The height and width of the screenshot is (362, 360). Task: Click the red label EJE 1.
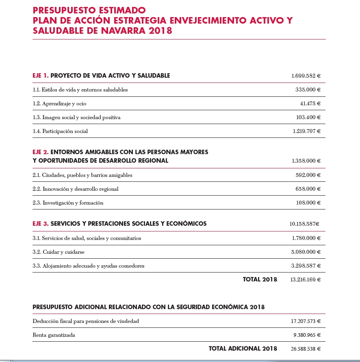coord(41,76)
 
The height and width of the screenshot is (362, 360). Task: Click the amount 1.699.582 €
coord(306,76)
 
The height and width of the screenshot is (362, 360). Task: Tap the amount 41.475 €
coord(310,104)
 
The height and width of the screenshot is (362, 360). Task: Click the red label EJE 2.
coord(41,152)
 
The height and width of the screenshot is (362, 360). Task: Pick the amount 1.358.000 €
coord(306,161)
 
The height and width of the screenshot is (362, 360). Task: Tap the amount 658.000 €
coord(308,189)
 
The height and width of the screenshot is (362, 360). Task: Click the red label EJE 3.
coord(41,224)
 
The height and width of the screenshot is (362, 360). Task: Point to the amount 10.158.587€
coord(304,224)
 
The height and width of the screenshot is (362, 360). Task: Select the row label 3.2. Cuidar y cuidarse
coord(59,252)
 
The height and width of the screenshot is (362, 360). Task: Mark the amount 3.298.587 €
coord(306,266)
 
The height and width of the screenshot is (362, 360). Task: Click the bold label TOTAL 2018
coord(260,279)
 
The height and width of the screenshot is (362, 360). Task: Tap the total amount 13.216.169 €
coord(305,280)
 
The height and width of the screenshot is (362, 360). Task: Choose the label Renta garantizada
coord(54,335)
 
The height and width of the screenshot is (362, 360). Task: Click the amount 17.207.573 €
coord(306,321)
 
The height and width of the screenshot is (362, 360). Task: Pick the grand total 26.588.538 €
coord(306,349)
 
